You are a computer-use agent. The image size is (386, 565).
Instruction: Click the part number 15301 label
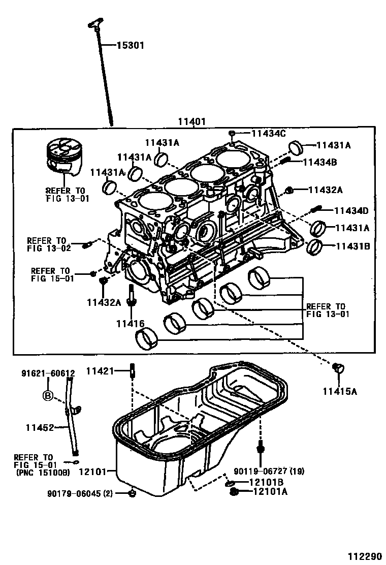pos(131,46)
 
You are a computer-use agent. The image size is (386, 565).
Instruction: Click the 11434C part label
pos(269,134)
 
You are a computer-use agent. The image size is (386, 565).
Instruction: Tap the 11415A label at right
pos(339,391)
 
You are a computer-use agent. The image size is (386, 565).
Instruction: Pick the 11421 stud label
pos(100,372)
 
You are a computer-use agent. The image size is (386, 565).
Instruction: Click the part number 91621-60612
pos(48,373)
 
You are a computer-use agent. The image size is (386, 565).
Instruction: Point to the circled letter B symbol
pos(48,395)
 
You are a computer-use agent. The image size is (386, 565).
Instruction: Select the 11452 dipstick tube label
pos(40,428)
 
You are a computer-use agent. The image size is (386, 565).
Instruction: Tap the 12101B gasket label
pos(267,482)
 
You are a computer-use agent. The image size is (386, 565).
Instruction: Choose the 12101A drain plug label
pos(267,491)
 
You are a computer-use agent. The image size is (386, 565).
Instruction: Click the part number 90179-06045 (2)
pos(81,493)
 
